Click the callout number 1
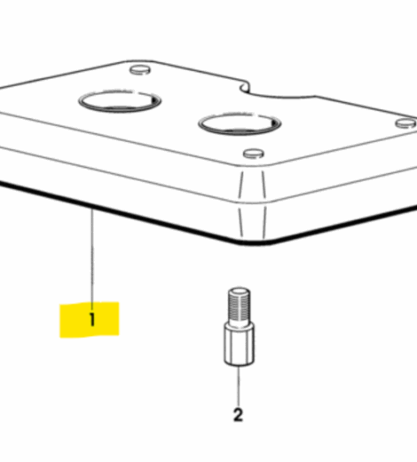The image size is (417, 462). coord(92,320)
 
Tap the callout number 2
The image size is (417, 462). coord(238,415)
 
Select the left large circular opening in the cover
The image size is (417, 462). coord(120,100)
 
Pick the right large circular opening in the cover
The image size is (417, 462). coord(240,123)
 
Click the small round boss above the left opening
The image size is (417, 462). coord(140,70)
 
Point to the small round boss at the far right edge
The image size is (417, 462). coord(405,123)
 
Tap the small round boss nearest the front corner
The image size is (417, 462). coord(254,154)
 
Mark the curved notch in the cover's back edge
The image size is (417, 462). coord(246,88)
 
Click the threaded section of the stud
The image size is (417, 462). coord(239,306)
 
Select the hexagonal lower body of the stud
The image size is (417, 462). coord(239,345)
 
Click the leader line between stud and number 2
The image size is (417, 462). coord(239,386)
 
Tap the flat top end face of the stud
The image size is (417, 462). coord(240,291)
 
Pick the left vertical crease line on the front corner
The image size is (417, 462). coord(241,204)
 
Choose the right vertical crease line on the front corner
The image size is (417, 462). coord(264,204)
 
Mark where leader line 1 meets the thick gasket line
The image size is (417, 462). coord(92,209)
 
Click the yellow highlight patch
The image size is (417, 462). coord(90,320)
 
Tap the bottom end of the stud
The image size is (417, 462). coord(239,363)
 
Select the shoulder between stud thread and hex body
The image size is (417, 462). coord(239,323)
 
